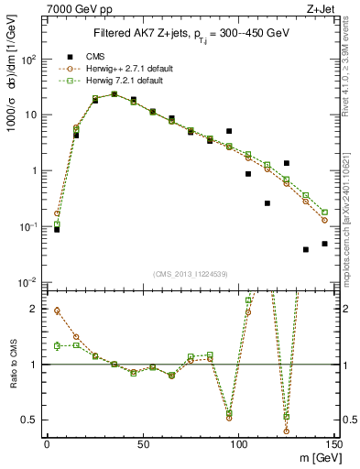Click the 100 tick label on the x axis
(x=238, y=445)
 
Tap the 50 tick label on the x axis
(x=142, y=445)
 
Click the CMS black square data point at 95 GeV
(x=229, y=131)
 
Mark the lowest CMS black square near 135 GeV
(x=306, y=249)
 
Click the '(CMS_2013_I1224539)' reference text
(x=190, y=273)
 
